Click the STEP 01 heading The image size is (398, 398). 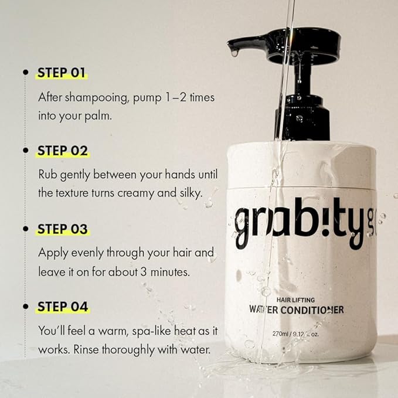[x=62, y=73]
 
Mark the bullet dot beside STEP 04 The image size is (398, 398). [x=25, y=306]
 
